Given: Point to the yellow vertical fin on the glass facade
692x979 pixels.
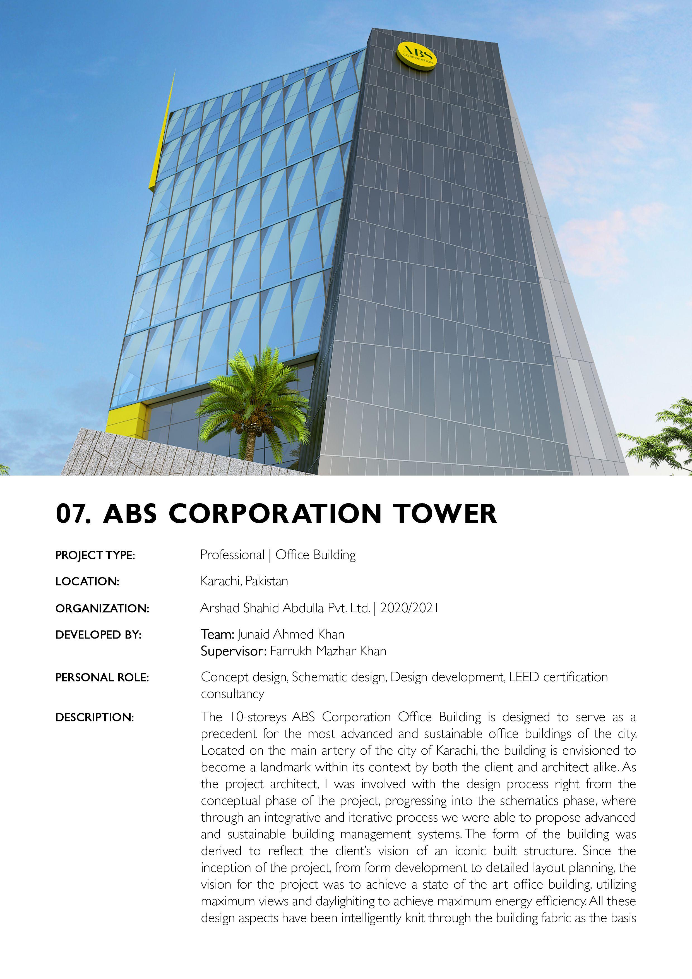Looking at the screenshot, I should click(x=162, y=136).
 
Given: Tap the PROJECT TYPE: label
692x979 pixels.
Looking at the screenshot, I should click(x=95, y=556).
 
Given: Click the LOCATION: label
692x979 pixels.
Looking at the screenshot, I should click(x=87, y=582).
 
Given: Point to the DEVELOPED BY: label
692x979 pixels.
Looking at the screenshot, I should click(x=98, y=635).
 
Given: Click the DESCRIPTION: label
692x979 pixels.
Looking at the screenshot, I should click(x=95, y=717).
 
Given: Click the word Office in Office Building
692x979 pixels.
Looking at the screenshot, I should click(x=292, y=555).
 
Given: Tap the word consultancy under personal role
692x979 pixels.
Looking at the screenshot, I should click(x=232, y=694).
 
